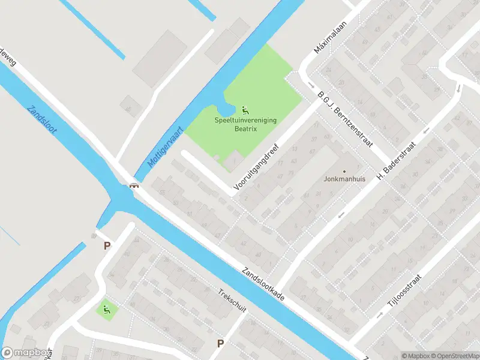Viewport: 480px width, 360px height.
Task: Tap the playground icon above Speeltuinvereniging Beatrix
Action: [245, 110]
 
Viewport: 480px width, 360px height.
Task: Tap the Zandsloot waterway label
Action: [43, 121]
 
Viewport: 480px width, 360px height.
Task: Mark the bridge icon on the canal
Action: [134, 185]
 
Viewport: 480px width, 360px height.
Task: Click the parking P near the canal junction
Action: [107, 245]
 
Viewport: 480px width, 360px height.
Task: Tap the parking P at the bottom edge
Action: [221, 344]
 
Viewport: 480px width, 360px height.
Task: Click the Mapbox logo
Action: [26, 353]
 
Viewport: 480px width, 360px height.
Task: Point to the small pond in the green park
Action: [227, 109]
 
